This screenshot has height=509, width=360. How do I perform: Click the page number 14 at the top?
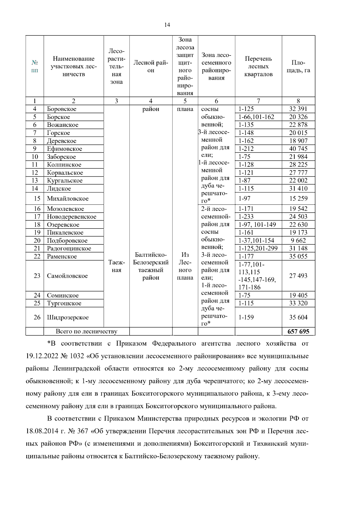[x=167, y=25]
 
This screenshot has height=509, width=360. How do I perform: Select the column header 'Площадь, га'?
[x=298, y=67]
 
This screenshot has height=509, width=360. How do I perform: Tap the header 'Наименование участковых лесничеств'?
[x=73, y=66]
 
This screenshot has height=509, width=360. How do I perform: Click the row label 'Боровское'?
[x=61, y=109]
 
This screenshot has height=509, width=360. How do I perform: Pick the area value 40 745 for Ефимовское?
[x=298, y=148]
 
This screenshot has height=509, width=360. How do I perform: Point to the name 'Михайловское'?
[x=67, y=199]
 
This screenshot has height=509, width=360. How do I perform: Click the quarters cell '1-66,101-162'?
[x=256, y=117]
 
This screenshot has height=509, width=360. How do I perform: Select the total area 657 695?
[x=298, y=331]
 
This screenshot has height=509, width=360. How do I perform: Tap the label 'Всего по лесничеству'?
[x=86, y=331]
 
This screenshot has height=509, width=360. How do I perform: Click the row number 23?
[x=37, y=276]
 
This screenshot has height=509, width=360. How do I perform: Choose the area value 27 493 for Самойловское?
[x=298, y=276]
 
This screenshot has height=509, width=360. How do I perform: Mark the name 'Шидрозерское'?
[x=68, y=317]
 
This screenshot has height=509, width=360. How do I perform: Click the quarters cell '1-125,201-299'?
[x=258, y=248]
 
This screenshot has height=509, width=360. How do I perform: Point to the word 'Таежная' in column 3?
[x=116, y=266]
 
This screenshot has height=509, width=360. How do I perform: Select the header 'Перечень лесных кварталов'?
[x=258, y=66]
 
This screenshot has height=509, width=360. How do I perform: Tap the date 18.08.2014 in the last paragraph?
[x=41, y=431]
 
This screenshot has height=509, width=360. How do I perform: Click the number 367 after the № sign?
[x=82, y=431]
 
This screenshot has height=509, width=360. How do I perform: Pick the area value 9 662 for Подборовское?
[x=298, y=241]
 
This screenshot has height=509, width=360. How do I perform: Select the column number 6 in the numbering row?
[x=216, y=101]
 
